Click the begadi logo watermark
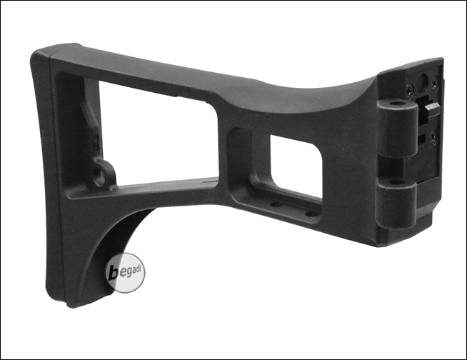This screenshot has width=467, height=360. [x=126, y=273]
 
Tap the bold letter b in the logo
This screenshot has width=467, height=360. [x=114, y=273]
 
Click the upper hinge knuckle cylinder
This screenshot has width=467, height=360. [x=396, y=128]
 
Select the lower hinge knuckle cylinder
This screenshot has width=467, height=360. [x=396, y=204]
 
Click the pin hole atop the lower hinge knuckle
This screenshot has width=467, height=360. [x=395, y=182]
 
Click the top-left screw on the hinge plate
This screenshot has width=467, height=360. [x=410, y=87]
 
